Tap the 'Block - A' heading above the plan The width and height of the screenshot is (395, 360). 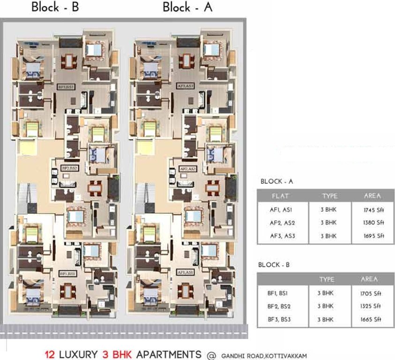coord(187,7)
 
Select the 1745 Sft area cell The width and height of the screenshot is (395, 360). coord(373,210)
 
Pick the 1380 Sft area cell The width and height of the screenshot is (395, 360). coord(373,223)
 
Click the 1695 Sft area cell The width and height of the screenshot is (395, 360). coord(373,236)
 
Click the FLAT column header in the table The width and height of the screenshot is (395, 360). coord(282,196)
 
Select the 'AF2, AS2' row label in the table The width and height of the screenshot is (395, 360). coord(282,223)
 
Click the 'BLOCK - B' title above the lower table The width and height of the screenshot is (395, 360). coord(274,265)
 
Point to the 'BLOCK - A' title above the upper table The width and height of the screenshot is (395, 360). coord(276,181)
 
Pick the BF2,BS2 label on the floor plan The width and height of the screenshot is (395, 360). coord(69,168)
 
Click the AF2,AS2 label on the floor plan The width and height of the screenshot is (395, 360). coord(187,168)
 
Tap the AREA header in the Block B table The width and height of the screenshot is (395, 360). coord(369,279)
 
